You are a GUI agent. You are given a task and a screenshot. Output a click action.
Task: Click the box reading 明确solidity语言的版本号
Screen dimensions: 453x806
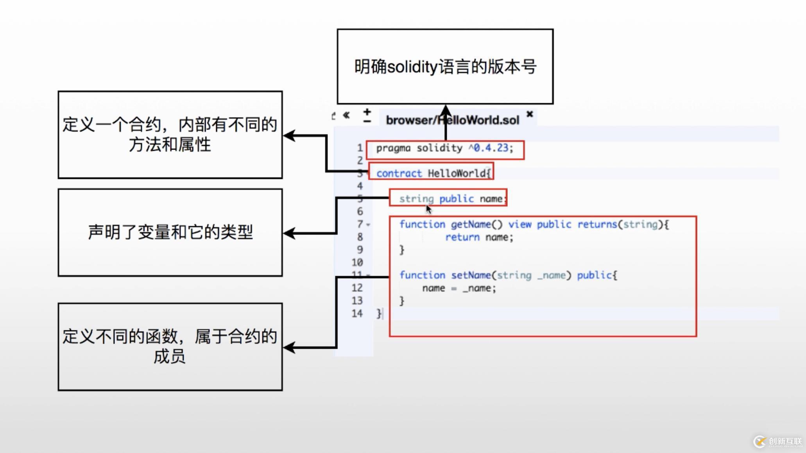[445, 66]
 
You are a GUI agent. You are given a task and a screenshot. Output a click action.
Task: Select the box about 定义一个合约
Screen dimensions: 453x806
[170, 135]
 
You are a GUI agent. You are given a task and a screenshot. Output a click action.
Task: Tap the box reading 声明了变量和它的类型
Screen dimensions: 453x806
[170, 232]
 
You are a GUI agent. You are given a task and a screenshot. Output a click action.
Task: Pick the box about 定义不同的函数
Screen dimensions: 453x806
[170, 346]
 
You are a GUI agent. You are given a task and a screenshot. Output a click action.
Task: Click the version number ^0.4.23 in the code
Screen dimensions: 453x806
[491, 148]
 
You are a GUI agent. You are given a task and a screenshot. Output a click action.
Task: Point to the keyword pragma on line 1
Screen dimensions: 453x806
[393, 148]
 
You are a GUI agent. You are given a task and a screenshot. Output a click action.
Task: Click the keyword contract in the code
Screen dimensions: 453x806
[399, 173]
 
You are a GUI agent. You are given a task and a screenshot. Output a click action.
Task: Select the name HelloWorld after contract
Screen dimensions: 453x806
[457, 173]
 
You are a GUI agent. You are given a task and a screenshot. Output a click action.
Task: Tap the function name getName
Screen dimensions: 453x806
[471, 225]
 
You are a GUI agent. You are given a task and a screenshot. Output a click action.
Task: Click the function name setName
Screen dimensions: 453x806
[471, 275]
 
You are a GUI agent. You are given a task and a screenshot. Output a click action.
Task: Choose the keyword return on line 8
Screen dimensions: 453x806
[462, 237]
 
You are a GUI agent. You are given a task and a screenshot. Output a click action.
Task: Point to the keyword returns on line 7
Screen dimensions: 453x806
[597, 225]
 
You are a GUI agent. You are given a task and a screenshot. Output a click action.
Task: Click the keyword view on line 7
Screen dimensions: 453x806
[519, 225]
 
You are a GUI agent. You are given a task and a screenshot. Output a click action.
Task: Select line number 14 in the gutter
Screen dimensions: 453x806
[357, 314]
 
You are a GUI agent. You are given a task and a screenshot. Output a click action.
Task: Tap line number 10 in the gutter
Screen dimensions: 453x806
[357, 262]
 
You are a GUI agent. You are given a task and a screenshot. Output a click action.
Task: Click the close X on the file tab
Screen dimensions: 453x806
[530, 114]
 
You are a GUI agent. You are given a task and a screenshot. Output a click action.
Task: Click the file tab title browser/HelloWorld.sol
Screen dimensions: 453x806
[452, 120]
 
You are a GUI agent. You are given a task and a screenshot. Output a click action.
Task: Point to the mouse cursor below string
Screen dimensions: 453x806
[428, 209]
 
